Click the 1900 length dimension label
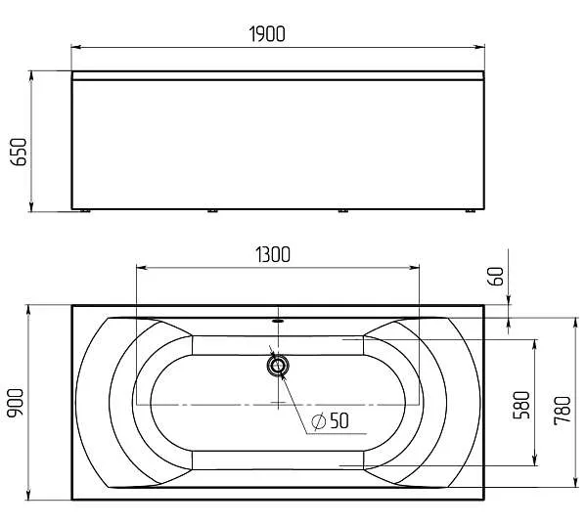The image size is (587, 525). click(x=267, y=33)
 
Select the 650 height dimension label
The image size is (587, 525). click(x=19, y=152)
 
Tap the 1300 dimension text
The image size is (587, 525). click(x=273, y=254)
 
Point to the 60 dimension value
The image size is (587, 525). click(x=496, y=276)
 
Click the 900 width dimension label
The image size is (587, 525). click(x=16, y=402)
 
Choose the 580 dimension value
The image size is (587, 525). click(x=521, y=405)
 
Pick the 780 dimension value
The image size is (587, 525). click(x=563, y=411)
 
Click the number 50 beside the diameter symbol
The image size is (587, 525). click(x=339, y=420)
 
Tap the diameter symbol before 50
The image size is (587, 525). click(x=319, y=421)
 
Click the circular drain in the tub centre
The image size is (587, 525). click(x=278, y=366)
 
